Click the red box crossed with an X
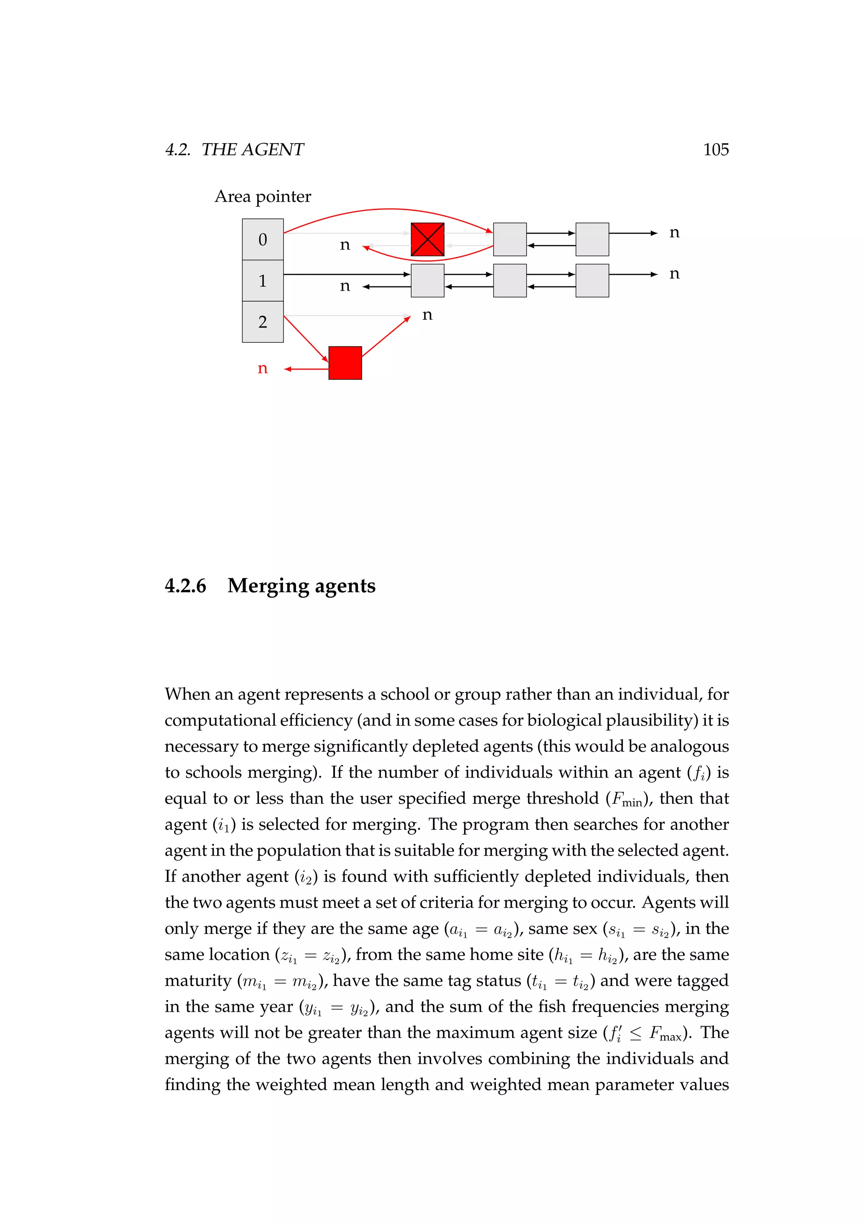pos(427,239)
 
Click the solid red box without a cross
pos(345,363)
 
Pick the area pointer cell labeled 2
pos(263,322)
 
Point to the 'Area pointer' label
pos(263,196)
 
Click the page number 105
pos(715,149)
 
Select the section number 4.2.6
pos(185,585)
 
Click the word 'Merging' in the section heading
pos(267,586)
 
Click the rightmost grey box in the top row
pos(592,239)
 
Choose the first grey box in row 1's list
pos(427,280)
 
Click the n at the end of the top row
pos(675,233)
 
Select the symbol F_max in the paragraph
pos(665,1033)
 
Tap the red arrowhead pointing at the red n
pos(288,369)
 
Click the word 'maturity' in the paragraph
pos(198,981)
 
